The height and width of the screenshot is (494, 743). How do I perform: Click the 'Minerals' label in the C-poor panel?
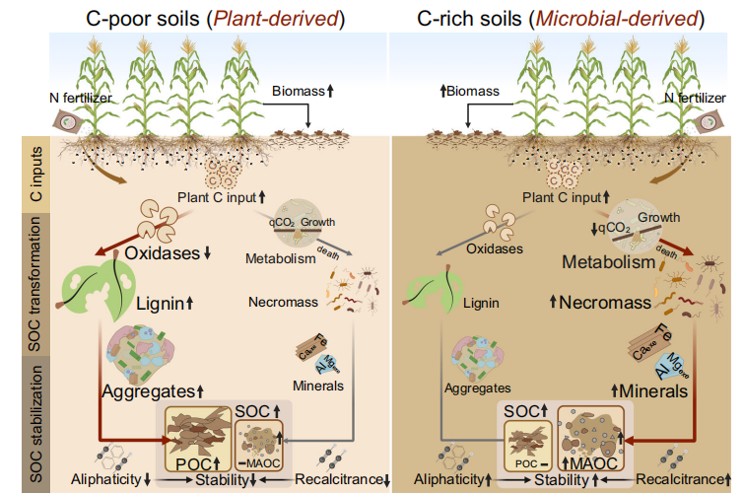[x=318, y=385]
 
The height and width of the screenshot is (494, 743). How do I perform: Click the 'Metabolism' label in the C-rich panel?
[x=607, y=263]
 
